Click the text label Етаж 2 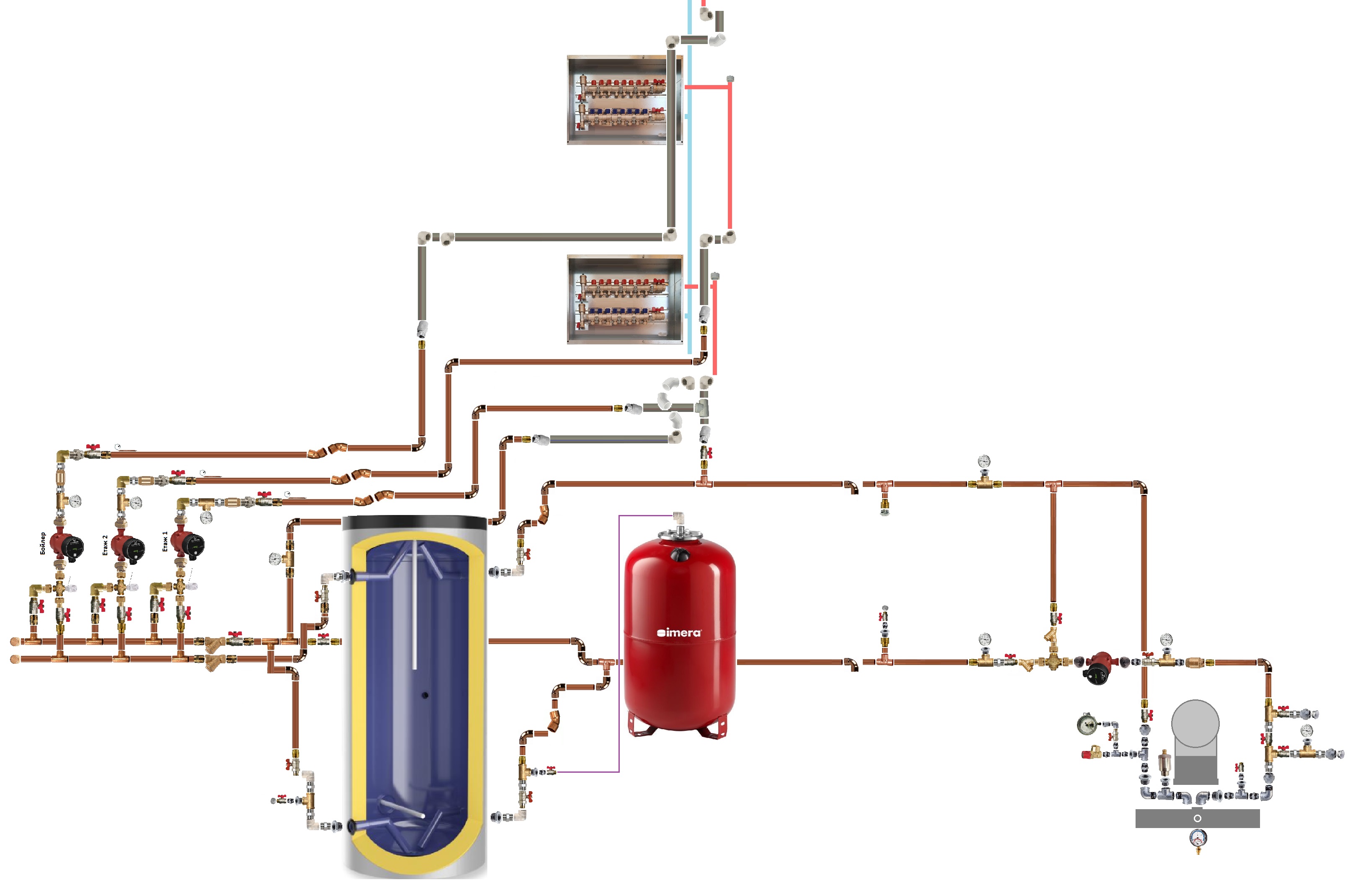pos(105,545)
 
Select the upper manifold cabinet pos(624,100)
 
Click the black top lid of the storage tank pos(414,522)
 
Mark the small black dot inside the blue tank pos(424,695)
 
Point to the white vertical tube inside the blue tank pos(414,606)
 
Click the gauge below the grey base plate pos(1198,838)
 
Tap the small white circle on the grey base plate pos(1197,818)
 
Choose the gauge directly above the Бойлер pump pos(75,501)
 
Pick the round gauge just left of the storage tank pos(275,558)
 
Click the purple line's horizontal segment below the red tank pos(588,772)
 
